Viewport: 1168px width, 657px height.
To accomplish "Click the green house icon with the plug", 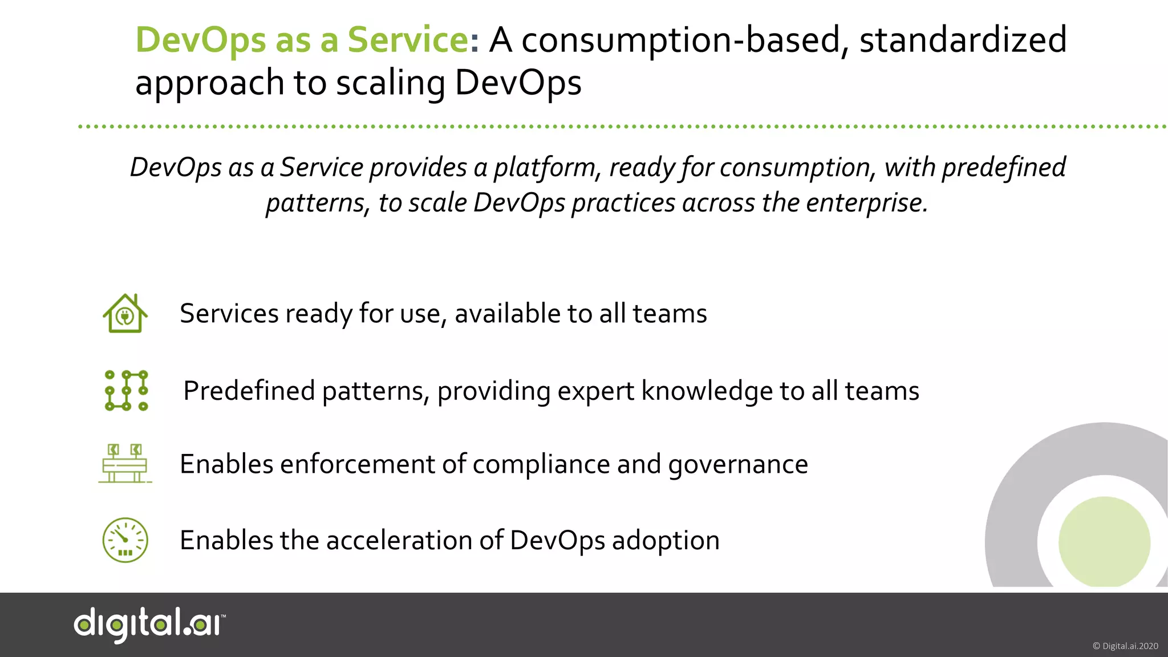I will [125, 314].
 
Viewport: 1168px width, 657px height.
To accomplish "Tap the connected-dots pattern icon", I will [126, 391].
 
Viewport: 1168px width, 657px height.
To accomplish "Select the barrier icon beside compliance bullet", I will [125, 464].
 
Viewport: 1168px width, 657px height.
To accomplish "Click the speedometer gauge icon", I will [125, 540].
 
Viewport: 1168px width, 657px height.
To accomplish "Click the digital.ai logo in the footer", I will [149, 624].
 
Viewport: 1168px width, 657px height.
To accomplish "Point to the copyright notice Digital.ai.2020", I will [1125, 646].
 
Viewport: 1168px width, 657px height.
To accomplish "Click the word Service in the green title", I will [408, 40].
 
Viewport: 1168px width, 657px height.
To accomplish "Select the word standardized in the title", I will [963, 40].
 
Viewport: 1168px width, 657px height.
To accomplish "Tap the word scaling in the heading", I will [390, 83].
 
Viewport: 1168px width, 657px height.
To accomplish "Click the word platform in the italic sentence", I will [545, 168].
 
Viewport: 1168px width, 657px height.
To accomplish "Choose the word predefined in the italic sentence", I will [1003, 168].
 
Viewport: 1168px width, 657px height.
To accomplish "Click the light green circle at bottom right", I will [1104, 542].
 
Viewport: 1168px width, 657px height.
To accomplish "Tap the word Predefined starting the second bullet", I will [249, 391].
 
